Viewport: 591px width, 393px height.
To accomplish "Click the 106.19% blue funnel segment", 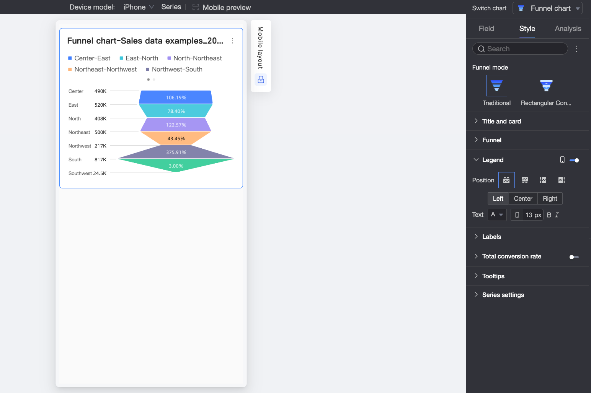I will [x=176, y=97].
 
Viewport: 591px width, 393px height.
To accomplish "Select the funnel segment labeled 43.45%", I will [x=176, y=138].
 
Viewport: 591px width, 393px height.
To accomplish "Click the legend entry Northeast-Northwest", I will [x=102, y=69].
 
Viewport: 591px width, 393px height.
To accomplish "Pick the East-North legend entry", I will [x=139, y=58].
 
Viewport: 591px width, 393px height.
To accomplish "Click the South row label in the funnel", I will [x=75, y=160].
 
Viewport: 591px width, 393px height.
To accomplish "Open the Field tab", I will [x=486, y=29].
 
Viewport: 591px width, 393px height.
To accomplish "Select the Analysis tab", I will [x=568, y=29].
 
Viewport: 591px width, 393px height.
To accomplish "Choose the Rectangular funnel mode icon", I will [x=546, y=86].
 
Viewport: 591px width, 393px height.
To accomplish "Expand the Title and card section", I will [x=501, y=121].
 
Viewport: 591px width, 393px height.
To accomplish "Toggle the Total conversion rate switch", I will [x=574, y=257].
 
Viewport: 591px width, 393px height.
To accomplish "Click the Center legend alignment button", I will [x=523, y=198].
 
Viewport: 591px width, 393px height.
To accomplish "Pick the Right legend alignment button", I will [x=550, y=198].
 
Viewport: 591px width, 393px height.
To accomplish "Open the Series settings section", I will [x=503, y=295].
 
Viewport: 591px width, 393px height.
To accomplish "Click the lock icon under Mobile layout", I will [x=261, y=80].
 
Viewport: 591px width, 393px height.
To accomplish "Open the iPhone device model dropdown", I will [x=139, y=7].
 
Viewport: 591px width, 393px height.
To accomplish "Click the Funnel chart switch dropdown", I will [x=547, y=8].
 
